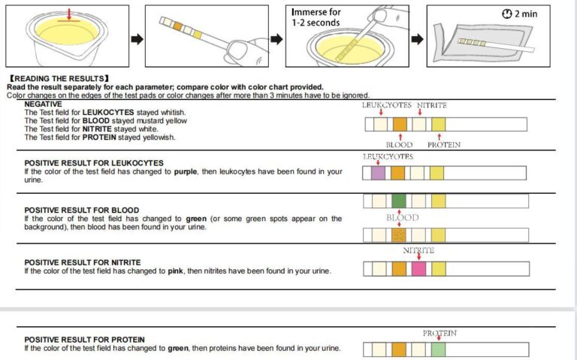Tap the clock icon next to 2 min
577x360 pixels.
pos(506,14)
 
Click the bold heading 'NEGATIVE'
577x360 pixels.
pos(44,104)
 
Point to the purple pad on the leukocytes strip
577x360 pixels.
pos(378,173)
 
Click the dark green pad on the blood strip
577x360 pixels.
pos(398,201)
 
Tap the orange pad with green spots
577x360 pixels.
pos(398,235)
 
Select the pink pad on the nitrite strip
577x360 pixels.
pos(418,268)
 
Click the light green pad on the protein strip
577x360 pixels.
pos(438,349)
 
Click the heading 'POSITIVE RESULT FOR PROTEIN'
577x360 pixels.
pos(85,340)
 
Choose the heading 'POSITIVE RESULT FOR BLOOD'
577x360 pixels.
pos(81,210)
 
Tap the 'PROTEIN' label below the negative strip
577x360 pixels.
pos(444,144)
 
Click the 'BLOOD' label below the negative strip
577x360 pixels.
pos(399,144)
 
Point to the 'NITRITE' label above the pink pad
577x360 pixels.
pos(418,250)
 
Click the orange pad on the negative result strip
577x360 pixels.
pos(399,124)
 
